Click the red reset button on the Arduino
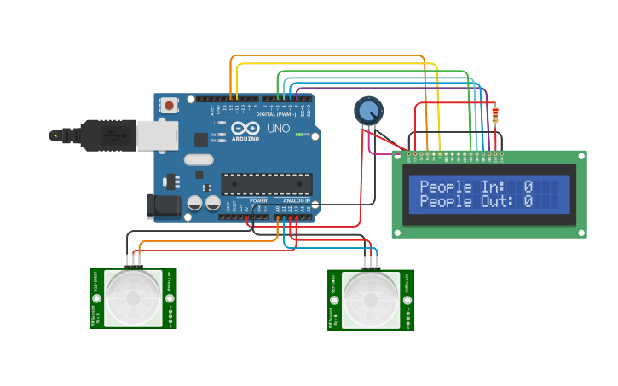(x=170, y=106)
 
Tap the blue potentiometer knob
(x=368, y=110)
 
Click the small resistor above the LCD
(x=496, y=112)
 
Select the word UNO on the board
(x=279, y=130)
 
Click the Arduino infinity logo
(x=246, y=128)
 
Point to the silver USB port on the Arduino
(x=157, y=135)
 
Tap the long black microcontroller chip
(x=266, y=183)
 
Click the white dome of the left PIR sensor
(x=133, y=297)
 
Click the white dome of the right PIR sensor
(x=371, y=299)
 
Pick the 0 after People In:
(x=528, y=187)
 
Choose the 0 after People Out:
(x=528, y=202)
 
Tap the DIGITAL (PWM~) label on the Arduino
(x=276, y=114)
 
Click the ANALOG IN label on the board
(x=295, y=200)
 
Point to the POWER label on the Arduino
(x=258, y=200)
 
